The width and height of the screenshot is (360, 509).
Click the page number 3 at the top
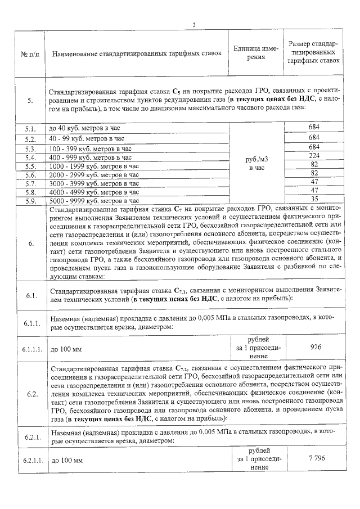(x=193, y=24)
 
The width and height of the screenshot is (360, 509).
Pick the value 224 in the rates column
(x=314, y=156)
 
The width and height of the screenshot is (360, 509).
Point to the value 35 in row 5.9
(x=314, y=199)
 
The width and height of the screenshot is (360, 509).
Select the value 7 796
(x=314, y=459)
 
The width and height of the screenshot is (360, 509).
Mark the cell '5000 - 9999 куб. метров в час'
(x=94, y=200)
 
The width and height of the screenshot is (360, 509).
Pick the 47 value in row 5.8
(x=314, y=190)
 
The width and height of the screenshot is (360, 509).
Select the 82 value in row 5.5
(x=314, y=164)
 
